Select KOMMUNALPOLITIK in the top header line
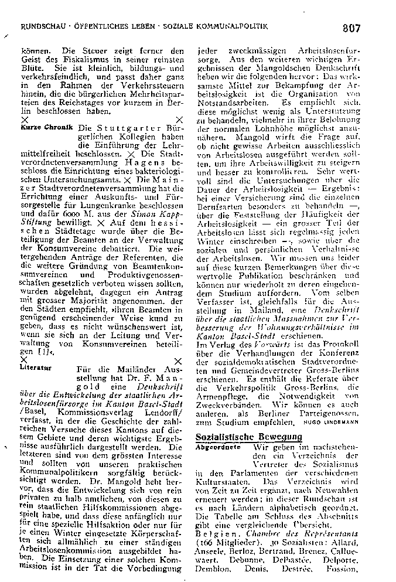[240, 27]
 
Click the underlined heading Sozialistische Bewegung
[248, 437]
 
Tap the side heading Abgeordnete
[216, 447]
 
